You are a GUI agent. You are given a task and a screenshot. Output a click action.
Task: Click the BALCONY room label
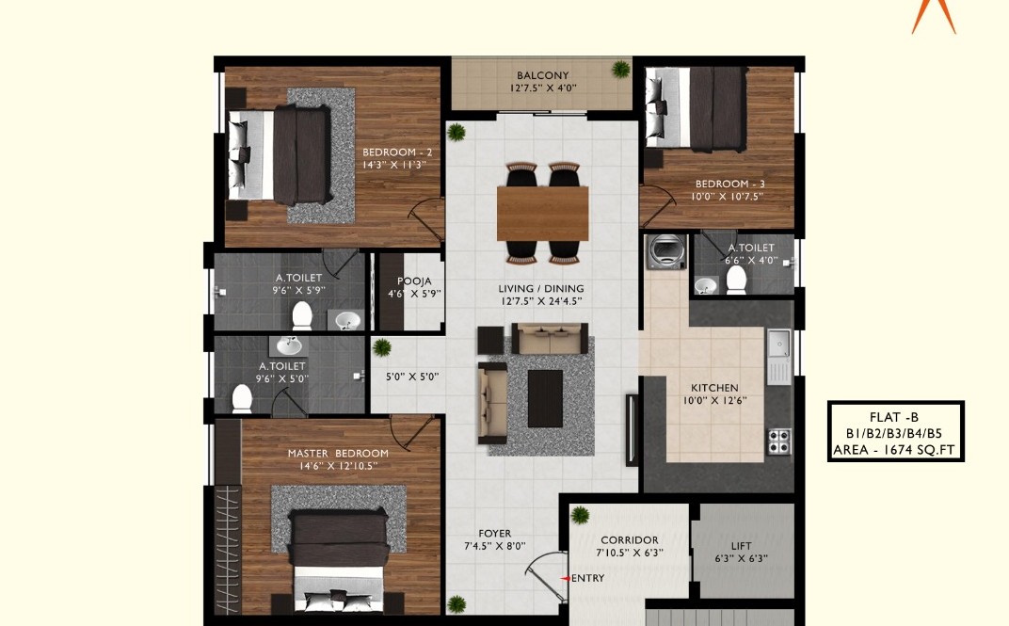(542, 75)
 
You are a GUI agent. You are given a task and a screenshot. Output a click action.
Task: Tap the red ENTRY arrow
(565, 578)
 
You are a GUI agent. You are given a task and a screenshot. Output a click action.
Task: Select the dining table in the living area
(542, 213)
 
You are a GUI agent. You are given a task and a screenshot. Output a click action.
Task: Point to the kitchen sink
(778, 345)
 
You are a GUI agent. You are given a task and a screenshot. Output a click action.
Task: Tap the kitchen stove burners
(778, 441)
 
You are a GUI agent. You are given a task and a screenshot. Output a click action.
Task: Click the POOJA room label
(414, 281)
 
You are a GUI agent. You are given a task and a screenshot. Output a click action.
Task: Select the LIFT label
(742, 546)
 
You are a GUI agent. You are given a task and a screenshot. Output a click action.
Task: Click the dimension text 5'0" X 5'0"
(412, 377)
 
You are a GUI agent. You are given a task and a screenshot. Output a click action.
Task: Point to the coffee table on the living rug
(545, 398)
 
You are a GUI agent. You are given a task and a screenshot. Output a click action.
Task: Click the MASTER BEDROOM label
(338, 453)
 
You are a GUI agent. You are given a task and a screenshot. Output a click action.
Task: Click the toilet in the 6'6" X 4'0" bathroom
(735, 280)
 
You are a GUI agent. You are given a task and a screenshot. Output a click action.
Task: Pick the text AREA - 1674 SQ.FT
(894, 450)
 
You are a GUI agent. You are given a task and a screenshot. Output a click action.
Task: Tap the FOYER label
(495, 534)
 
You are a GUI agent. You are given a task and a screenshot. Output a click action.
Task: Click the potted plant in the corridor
(580, 515)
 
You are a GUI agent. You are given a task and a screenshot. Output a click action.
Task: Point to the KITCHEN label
(714, 388)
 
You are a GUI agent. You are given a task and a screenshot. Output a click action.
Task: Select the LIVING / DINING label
(541, 288)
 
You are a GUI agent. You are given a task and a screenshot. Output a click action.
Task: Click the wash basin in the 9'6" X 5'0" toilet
(289, 346)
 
